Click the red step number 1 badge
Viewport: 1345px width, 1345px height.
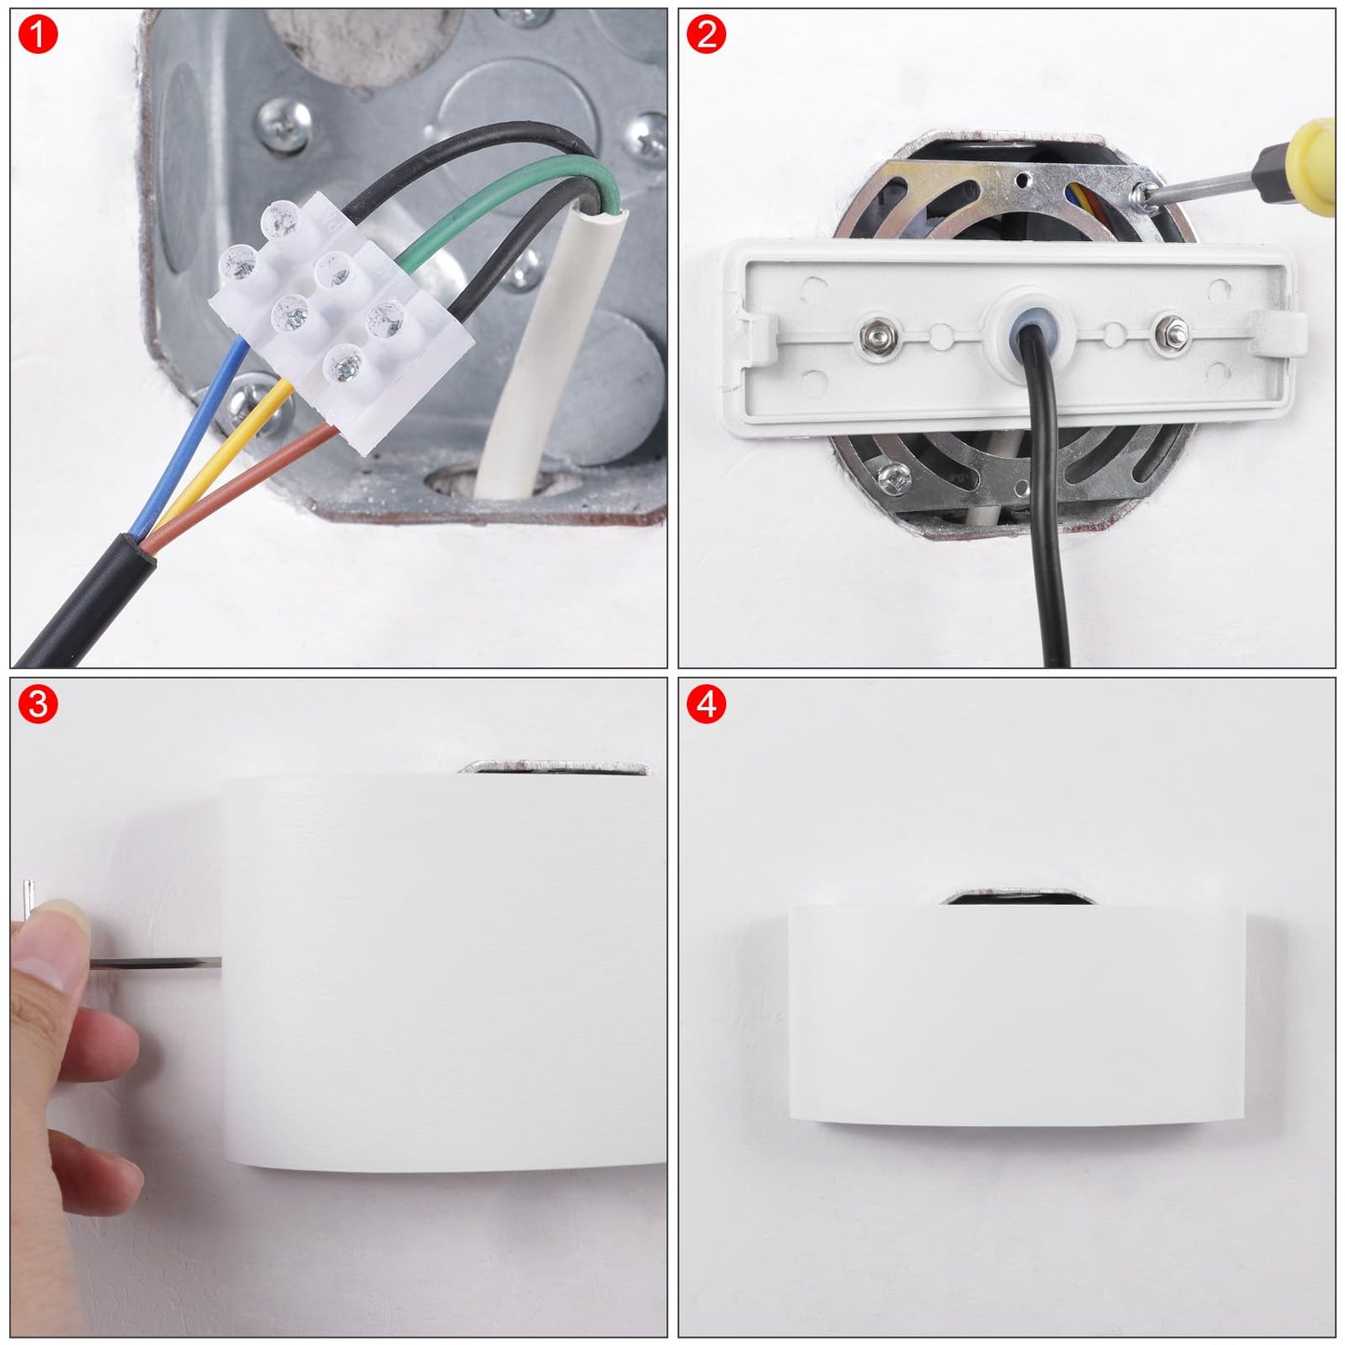(37, 34)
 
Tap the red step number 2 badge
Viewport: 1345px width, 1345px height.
(706, 34)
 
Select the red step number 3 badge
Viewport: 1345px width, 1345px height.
(37, 704)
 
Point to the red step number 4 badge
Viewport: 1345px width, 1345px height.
(706, 704)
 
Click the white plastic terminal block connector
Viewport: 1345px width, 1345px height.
(341, 321)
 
